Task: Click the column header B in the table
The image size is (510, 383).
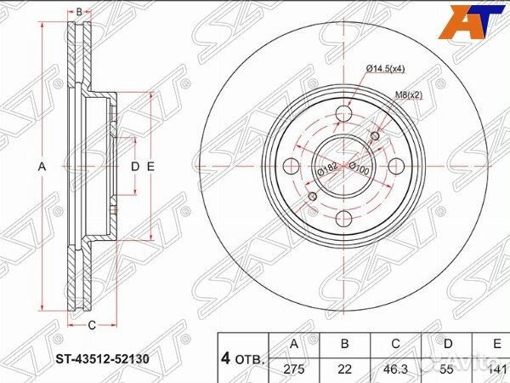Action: (345, 345)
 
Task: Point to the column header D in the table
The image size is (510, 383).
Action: (447, 345)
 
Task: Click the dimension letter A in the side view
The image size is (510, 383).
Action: (41, 167)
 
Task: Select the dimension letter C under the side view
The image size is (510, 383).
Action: (92, 323)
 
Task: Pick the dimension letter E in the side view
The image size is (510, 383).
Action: (150, 167)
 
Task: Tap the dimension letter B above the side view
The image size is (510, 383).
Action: (78, 12)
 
